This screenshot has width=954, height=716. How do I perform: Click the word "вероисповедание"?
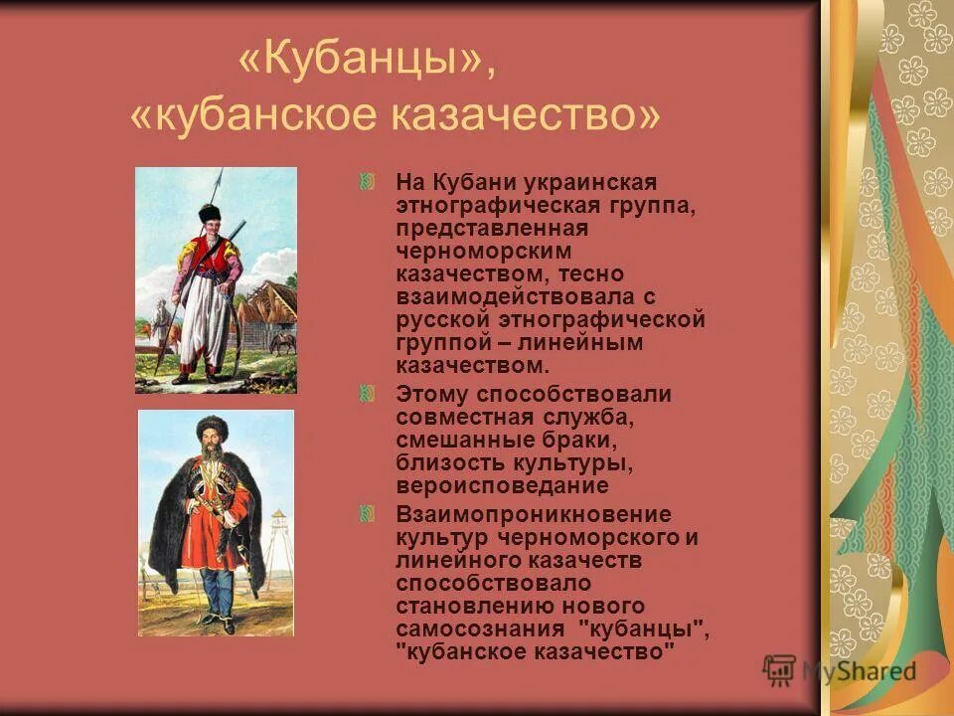click(502, 486)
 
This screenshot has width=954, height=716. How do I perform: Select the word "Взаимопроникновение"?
click(534, 514)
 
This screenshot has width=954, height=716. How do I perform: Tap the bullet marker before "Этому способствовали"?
click(367, 394)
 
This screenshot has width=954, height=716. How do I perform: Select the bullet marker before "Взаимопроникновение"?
click(367, 514)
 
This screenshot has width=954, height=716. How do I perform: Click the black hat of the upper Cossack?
click(210, 213)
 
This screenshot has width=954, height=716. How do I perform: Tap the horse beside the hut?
click(283, 344)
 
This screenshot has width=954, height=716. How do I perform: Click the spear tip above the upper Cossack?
click(221, 179)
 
